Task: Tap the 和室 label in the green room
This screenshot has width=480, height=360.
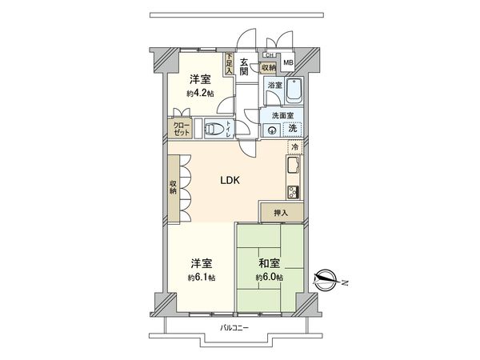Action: (270, 263)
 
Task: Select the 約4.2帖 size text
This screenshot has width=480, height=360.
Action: (202, 93)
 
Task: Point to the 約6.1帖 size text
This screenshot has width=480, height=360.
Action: (202, 277)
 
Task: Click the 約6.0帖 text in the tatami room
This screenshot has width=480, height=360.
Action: (270, 277)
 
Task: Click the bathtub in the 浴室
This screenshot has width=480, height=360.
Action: (294, 94)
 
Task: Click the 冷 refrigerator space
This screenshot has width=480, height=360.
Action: (294, 149)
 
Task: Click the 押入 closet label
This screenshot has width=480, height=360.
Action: (279, 212)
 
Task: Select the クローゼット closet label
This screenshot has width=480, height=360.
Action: (182, 130)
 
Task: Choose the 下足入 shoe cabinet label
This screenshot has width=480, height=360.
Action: (230, 64)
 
